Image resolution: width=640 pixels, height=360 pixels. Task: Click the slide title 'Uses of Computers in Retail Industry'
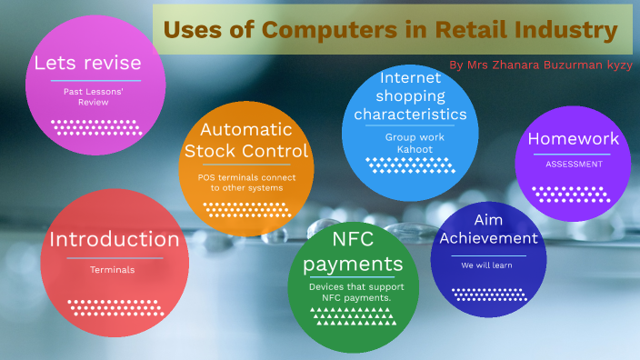tap(391, 30)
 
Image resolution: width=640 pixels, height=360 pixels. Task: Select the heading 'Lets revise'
tap(87, 63)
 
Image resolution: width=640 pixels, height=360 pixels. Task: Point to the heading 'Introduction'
tap(114, 240)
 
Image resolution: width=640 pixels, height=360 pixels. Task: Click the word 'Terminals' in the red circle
tap(112, 270)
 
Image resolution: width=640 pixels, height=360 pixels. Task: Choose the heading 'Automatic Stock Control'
tap(245, 140)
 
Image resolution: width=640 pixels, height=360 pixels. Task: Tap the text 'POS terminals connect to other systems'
tap(245, 182)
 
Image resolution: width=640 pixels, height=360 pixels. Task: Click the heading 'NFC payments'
tap(353, 252)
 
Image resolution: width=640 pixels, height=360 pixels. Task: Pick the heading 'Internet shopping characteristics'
tap(410, 96)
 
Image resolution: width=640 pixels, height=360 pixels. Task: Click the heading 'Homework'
tap(573, 139)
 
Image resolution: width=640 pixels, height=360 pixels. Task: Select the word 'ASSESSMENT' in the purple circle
tap(574, 165)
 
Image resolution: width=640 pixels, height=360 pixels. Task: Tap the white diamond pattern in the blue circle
tap(412, 165)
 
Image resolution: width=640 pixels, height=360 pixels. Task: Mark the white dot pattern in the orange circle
tap(245, 209)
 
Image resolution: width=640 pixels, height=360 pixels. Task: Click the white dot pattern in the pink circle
tap(96, 126)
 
